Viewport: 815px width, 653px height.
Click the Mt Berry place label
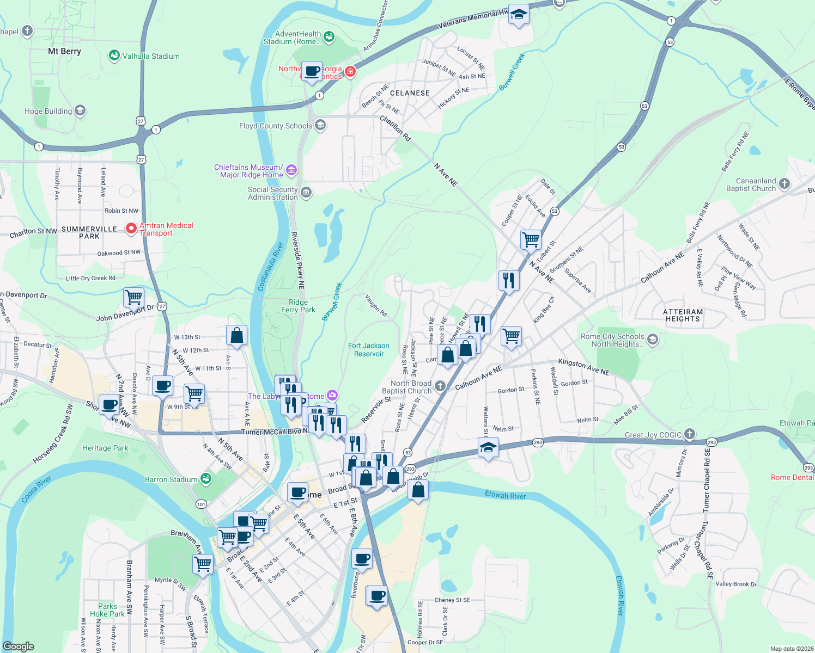(x=64, y=51)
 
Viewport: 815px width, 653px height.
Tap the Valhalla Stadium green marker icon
(x=114, y=56)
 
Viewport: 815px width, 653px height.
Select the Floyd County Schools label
(x=276, y=126)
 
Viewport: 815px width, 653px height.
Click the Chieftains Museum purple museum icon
(x=291, y=171)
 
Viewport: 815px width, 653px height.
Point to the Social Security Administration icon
(x=306, y=193)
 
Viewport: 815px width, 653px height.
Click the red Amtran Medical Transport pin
(x=131, y=229)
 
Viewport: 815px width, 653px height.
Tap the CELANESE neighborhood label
(x=410, y=93)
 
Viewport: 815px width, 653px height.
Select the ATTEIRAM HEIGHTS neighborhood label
(x=683, y=315)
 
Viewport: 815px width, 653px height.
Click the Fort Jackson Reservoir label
(x=369, y=349)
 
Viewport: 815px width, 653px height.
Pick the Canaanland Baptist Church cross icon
(x=784, y=184)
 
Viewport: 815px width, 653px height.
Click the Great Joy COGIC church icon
(x=690, y=434)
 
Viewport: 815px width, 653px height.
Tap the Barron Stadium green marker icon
(x=205, y=479)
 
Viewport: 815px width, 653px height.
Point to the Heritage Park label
(x=105, y=448)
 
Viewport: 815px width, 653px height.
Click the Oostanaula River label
(x=270, y=266)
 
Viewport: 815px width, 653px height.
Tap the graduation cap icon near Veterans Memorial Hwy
(x=519, y=15)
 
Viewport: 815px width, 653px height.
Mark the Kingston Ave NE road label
(x=583, y=367)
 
